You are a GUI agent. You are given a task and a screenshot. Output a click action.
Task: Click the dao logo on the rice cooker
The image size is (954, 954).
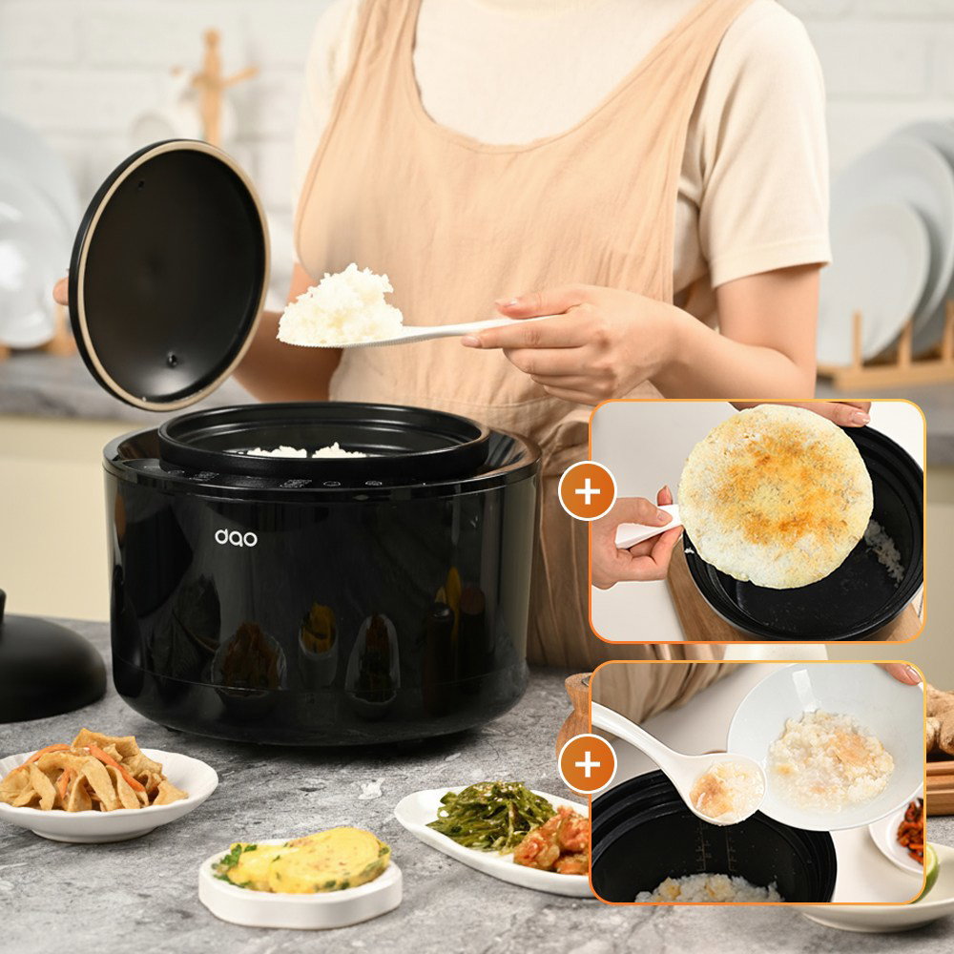tap(236, 538)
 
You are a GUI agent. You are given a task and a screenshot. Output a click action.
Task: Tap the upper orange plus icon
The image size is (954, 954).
tap(587, 491)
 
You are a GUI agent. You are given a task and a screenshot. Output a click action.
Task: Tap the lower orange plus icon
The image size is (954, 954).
tap(587, 764)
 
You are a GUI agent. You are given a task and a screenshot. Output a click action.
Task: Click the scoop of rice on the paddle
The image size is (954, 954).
tap(341, 306)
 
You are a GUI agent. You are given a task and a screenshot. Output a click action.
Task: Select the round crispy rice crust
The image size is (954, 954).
tap(776, 496)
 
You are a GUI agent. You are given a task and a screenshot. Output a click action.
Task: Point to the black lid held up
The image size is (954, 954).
tap(169, 275)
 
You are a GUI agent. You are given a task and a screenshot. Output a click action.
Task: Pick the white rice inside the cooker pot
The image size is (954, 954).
tap(307, 451)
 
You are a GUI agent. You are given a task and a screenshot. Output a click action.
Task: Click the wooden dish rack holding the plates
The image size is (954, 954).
tap(891, 359)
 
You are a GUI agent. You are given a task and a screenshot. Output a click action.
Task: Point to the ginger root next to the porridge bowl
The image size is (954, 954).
tap(939, 718)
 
